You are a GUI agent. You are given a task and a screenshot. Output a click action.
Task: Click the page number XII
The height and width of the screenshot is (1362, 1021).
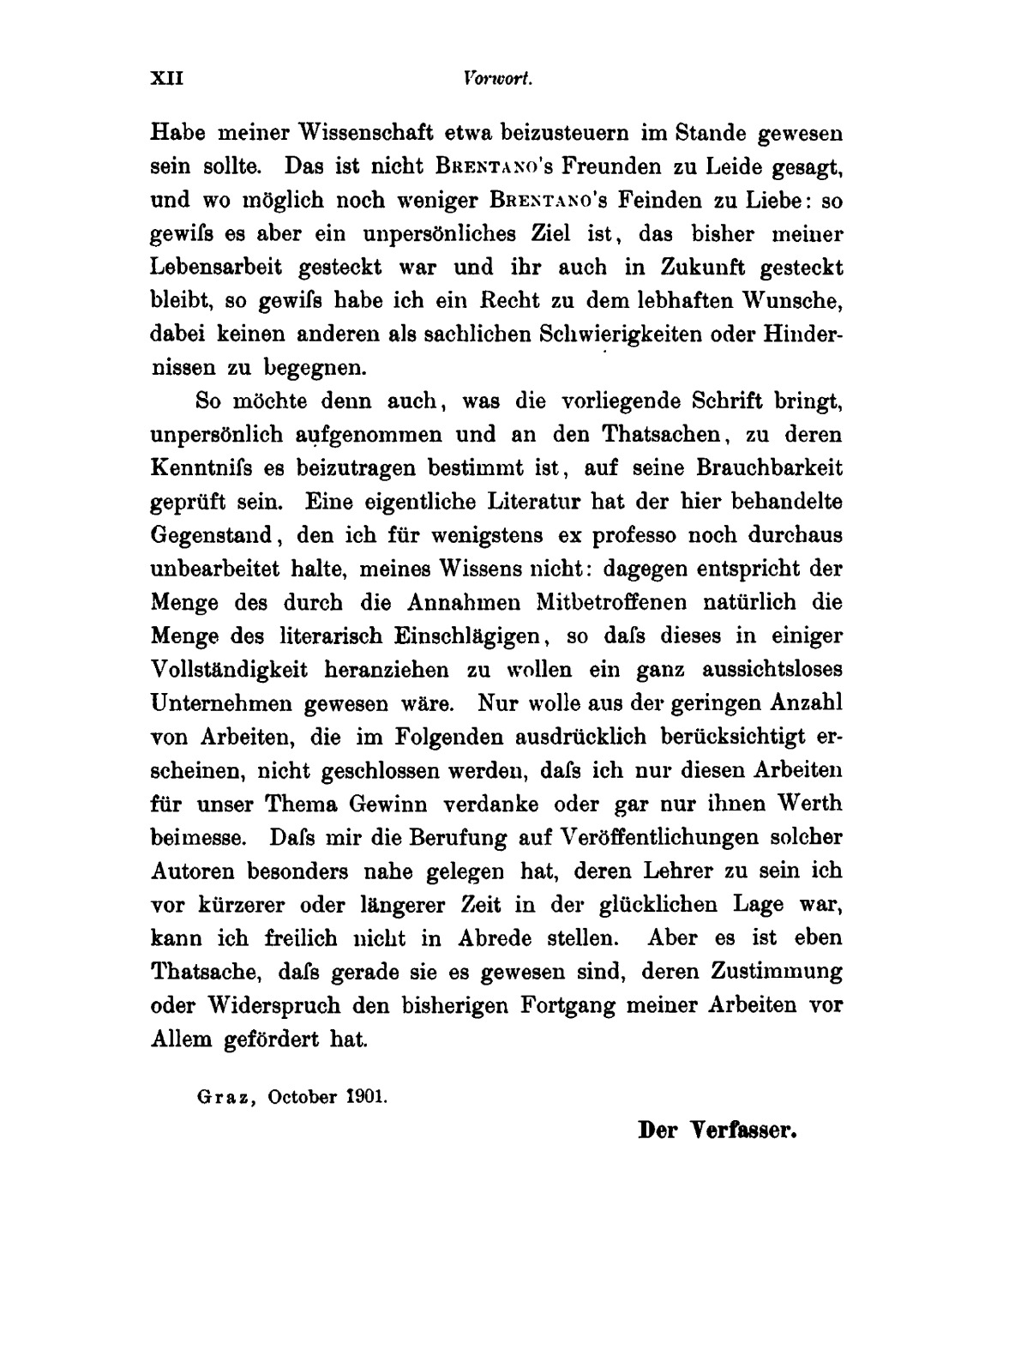coord(168,79)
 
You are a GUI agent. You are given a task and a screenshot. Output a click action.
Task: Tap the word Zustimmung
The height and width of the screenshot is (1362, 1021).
coord(775,972)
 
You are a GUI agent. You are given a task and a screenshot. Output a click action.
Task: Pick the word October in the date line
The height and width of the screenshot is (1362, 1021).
coord(299,1096)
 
